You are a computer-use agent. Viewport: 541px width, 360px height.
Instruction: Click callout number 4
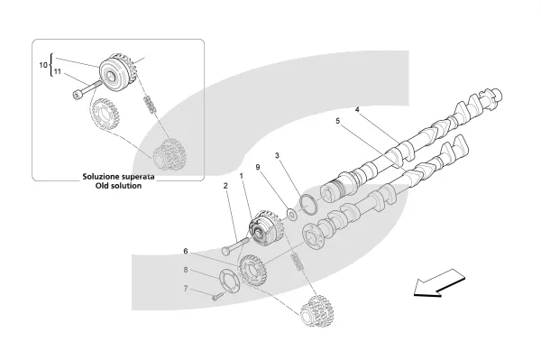[x=357, y=110]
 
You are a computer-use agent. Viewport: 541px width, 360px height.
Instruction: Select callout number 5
[x=338, y=121]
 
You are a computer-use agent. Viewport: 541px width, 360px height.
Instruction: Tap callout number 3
[x=277, y=156]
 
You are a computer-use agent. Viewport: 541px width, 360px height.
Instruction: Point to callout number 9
[x=258, y=167]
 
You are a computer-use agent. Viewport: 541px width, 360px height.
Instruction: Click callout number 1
[x=242, y=176]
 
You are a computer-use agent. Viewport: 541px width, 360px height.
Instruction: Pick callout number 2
[x=225, y=186]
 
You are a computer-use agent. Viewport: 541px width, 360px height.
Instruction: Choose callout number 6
[x=186, y=251]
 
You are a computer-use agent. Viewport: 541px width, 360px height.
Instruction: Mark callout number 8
[x=186, y=270]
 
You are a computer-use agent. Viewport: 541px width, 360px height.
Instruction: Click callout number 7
[x=186, y=288]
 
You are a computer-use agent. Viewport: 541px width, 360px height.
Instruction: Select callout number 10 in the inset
[x=43, y=65]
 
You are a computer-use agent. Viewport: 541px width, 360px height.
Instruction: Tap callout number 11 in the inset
[x=58, y=71]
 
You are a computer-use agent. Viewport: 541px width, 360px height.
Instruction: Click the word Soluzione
[x=100, y=177]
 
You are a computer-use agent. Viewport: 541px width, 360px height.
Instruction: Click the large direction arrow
[x=439, y=282]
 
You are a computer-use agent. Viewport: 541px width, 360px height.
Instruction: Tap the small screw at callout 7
[x=217, y=296]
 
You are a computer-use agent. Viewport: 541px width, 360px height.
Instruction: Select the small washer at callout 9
[x=292, y=214]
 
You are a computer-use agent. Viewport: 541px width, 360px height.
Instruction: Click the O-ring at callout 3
[x=308, y=205]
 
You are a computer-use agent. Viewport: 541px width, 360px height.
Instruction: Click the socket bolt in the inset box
[x=87, y=88]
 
